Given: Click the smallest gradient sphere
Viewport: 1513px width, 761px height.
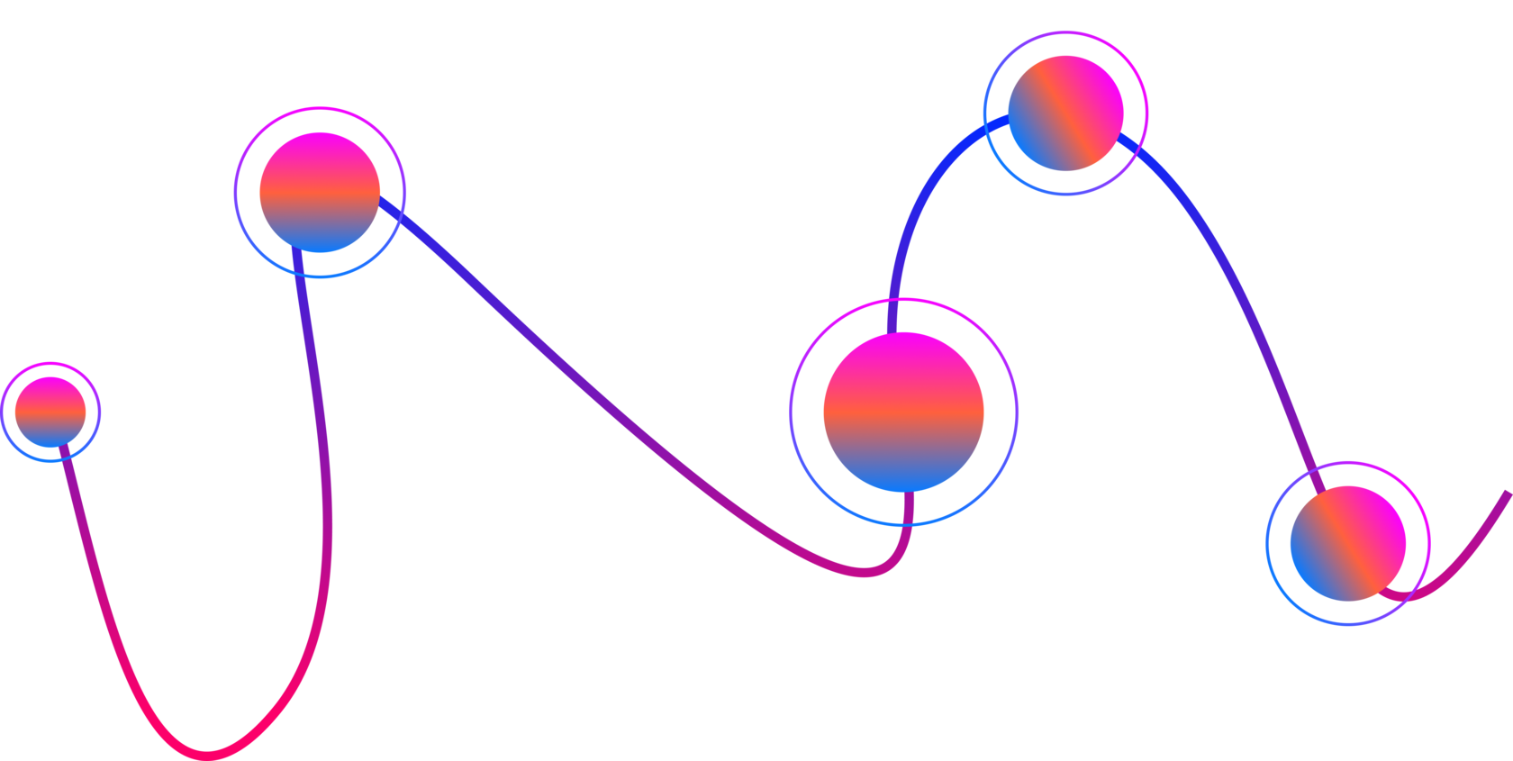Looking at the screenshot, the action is click(50, 412).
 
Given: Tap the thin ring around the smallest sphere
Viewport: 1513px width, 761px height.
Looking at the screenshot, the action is click(50, 363).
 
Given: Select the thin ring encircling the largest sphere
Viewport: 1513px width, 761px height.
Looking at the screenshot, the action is click(903, 299).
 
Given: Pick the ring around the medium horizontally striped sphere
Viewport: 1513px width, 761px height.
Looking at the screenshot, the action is click(320, 107).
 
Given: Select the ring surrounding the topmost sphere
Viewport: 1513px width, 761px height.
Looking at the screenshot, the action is click(1065, 32).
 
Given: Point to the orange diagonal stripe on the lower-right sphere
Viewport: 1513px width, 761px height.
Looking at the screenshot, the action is click(1348, 543).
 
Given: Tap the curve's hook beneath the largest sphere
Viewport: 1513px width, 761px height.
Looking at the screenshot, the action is click(887, 567).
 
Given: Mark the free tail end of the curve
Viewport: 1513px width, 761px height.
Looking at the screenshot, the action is click(1507, 494).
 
